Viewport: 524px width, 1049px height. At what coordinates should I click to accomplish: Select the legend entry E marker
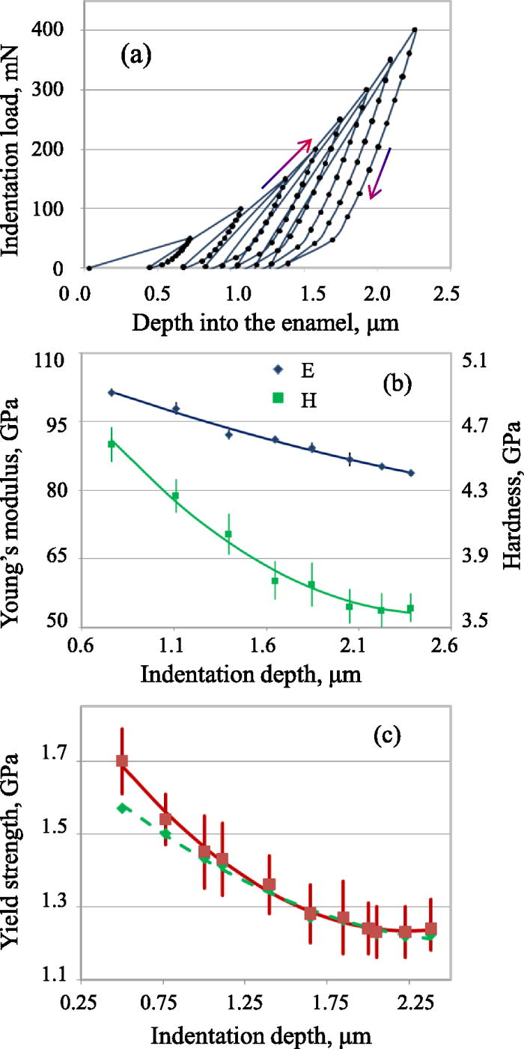coord(279,369)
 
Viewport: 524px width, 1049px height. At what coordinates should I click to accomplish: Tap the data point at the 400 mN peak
coord(415,30)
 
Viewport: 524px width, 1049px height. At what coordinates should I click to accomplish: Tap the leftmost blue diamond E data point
coord(112,392)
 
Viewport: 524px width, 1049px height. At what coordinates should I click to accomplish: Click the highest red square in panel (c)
coord(122,761)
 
